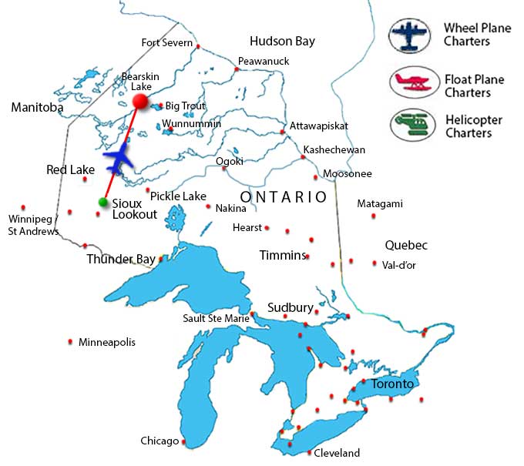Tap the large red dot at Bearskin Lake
point(140,101)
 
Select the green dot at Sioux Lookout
point(103,203)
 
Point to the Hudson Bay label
point(282,42)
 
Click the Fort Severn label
point(167,43)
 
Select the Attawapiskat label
point(319,126)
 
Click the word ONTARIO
point(283,197)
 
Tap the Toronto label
point(392,384)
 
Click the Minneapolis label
point(106,342)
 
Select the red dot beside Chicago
point(183,442)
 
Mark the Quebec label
point(406,246)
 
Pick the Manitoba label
point(37,108)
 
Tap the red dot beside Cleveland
point(309,452)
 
